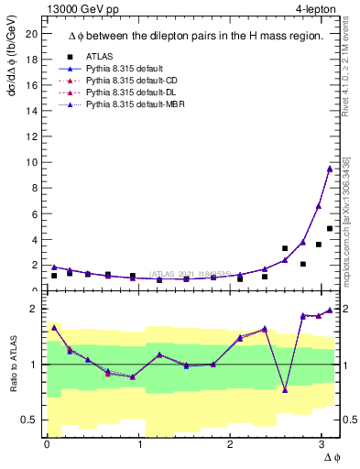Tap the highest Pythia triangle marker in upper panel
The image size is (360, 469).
[330, 169]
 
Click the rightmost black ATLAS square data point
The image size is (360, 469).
[330, 228]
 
